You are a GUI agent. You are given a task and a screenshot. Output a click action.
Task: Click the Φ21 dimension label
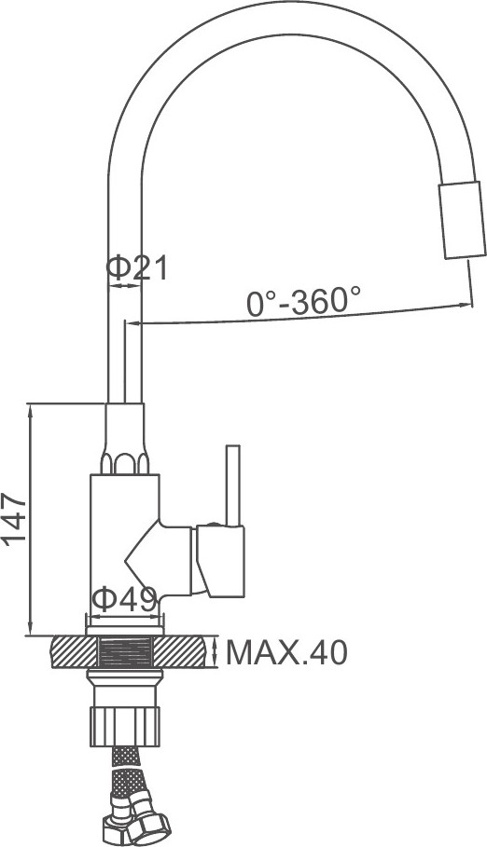137,268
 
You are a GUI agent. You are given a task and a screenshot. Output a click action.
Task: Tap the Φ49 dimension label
124,598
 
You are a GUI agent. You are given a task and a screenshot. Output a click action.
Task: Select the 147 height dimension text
15,519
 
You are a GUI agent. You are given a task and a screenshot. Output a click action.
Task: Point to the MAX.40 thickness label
286,652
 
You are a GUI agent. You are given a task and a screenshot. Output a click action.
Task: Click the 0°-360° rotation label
303,301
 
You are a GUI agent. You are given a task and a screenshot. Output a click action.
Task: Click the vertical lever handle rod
233,485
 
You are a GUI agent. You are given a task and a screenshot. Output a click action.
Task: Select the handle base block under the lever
220,561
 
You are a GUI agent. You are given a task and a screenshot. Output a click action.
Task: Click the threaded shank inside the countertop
125,652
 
